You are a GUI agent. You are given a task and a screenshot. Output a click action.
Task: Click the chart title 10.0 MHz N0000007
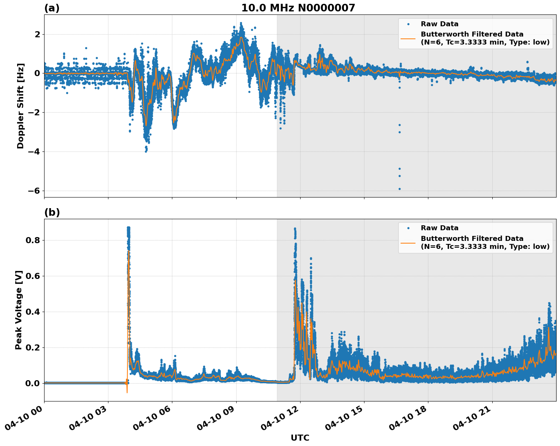pyautogui.click(x=298, y=8)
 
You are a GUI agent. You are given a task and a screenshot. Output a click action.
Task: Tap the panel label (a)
pyautogui.click(x=52, y=8)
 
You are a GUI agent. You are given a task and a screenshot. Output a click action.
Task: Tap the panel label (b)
pyautogui.click(x=52, y=212)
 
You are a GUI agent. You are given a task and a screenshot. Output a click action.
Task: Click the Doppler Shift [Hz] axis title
pyautogui.click(x=21, y=106)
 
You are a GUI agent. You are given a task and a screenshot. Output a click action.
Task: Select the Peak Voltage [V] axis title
pyautogui.click(x=19, y=310)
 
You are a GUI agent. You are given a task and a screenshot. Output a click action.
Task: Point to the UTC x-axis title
pyautogui.click(x=300, y=438)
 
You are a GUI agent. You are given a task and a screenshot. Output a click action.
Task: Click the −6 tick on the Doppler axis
pyautogui.click(x=33, y=191)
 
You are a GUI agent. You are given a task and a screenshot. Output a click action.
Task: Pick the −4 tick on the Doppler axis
pyautogui.click(x=33, y=151)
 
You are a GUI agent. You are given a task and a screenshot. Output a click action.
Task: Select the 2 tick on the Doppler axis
pyautogui.click(x=37, y=34)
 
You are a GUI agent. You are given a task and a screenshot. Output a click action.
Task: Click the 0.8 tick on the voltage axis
pyautogui.click(x=32, y=240)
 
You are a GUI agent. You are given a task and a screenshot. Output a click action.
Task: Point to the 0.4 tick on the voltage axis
pyautogui.click(x=32, y=312)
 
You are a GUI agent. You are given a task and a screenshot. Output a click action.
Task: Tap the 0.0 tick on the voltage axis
pyautogui.click(x=32, y=383)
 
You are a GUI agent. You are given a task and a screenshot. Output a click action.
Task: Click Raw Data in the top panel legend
pyautogui.click(x=439, y=24)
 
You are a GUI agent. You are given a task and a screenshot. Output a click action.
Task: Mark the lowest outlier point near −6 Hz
pyautogui.click(x=399, y=189)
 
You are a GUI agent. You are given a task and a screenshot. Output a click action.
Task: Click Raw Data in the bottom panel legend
pyautogui.click(x=439, y=228)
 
